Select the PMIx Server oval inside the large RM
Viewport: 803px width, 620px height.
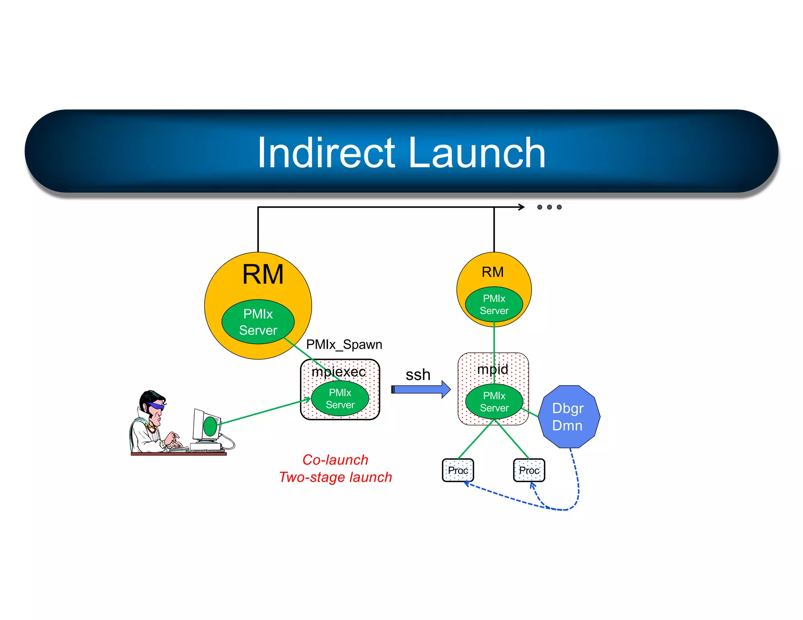point(258,322)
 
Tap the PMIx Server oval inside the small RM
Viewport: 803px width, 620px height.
point(494,305)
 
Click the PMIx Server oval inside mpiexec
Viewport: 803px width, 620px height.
point(340,399)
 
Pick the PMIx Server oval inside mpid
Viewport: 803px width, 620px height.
point(494,402)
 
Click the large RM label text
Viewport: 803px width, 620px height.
point(263,274)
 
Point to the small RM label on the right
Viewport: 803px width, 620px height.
point(492,272)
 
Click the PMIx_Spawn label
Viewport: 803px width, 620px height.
point(344,344)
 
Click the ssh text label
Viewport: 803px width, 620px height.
point(418,375)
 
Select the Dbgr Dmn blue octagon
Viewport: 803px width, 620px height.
point(568,417)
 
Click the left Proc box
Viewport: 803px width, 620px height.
point(458,470)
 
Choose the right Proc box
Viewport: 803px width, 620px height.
point(529,470)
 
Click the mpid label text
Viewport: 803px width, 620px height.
point(492,369)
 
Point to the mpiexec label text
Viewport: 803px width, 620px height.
point(338,372)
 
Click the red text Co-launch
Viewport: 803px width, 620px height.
point(335,460)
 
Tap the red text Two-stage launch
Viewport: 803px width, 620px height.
point(335,477)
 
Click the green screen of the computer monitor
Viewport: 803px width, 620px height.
point(210,426)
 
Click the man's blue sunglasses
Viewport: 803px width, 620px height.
point(156,406)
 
